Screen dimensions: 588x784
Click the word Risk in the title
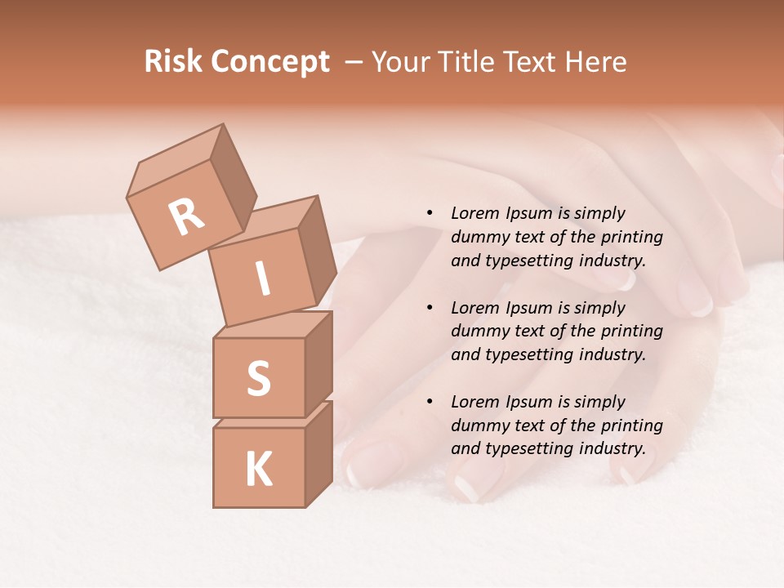173,62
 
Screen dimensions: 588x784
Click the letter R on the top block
187,216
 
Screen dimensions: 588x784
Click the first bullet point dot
430,213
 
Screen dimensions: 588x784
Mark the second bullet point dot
430,308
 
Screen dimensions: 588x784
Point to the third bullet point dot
430,402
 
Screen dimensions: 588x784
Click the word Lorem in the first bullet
474,213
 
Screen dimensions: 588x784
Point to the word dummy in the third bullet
476,425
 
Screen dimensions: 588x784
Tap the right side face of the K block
318,454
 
